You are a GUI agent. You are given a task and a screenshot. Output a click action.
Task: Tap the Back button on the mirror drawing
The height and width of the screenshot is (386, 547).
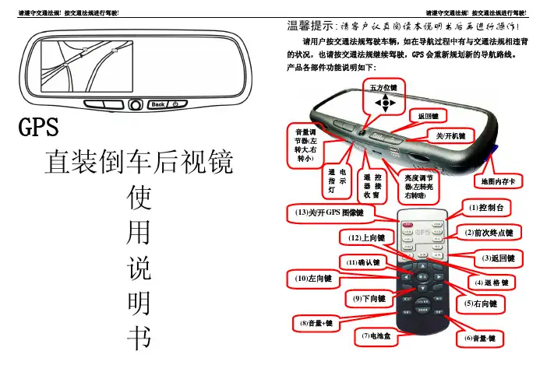158,104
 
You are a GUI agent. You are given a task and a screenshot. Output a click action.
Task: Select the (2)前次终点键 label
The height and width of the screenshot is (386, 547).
491,232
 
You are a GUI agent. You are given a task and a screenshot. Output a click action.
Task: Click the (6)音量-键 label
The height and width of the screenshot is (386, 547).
484,338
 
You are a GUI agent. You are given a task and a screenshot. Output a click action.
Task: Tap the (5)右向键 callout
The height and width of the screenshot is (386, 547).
480,303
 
